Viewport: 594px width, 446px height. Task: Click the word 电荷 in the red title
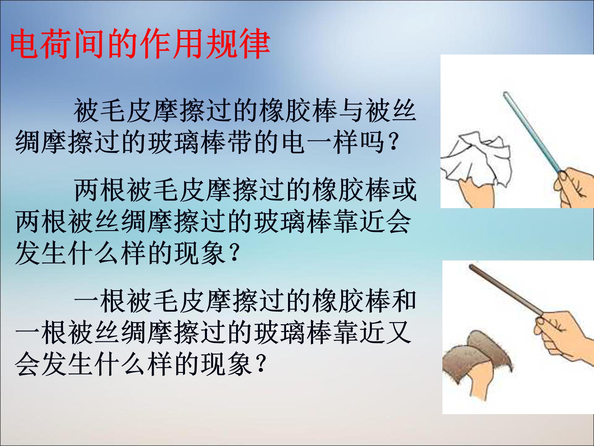pyautogui.click(x=42, y=44)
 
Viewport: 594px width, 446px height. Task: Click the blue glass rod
pyautogui.click(x=532, y=130)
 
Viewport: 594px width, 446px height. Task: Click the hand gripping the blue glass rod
pyautogui.click(x=572, y=186)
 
